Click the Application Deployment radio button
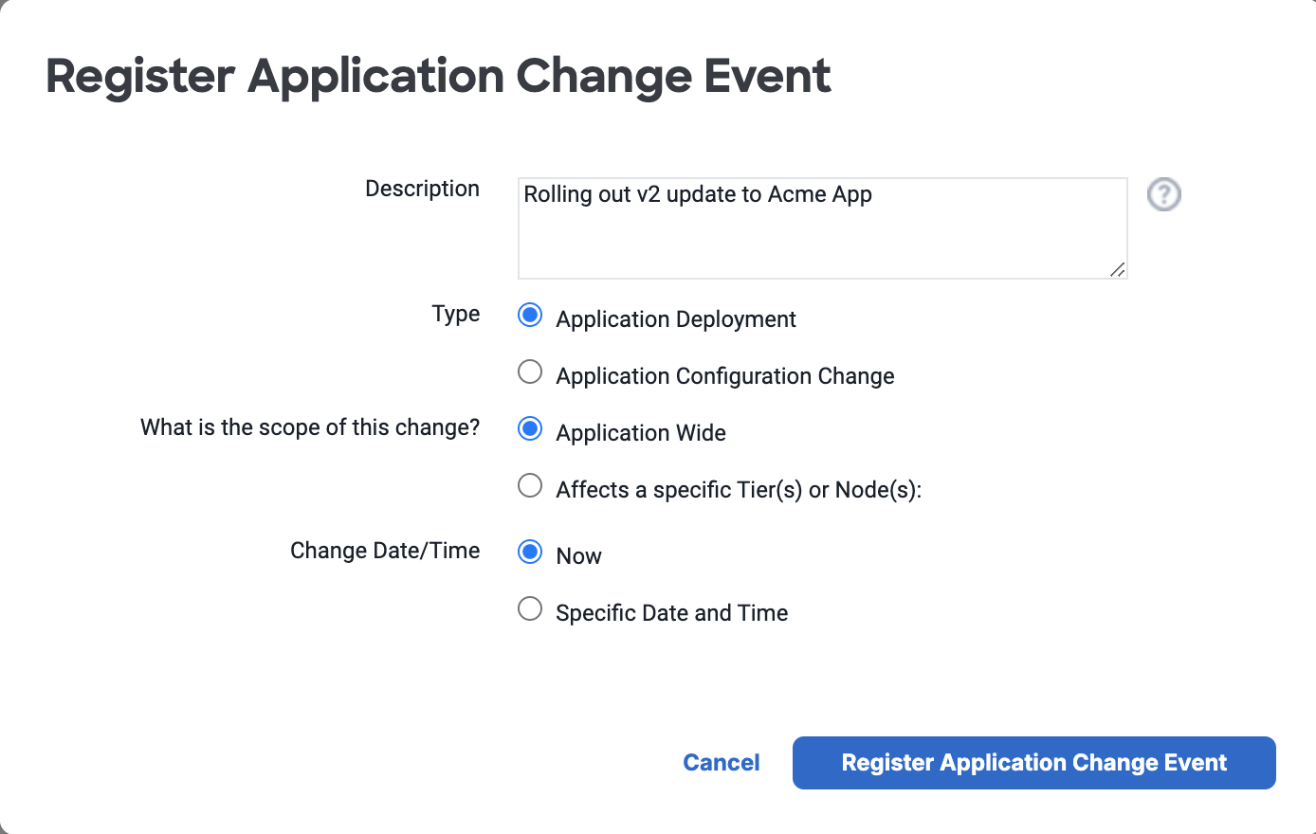[x=530, y=316]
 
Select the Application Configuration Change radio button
[x=530, y=372]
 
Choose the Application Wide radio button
[x=530, y=428]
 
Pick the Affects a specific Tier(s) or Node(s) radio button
[x=530, y=486]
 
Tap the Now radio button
[x=530, y=553]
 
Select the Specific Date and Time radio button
[x=530, y=609]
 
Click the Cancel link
[x=721, y=762]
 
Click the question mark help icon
[x=1164, y=194]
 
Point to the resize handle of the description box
[x=1118, y=269]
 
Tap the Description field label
[x=422, y=190]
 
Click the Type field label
[x=455, y=315]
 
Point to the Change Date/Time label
[x=385, y=551]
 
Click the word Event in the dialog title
[x=767, y=76]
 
